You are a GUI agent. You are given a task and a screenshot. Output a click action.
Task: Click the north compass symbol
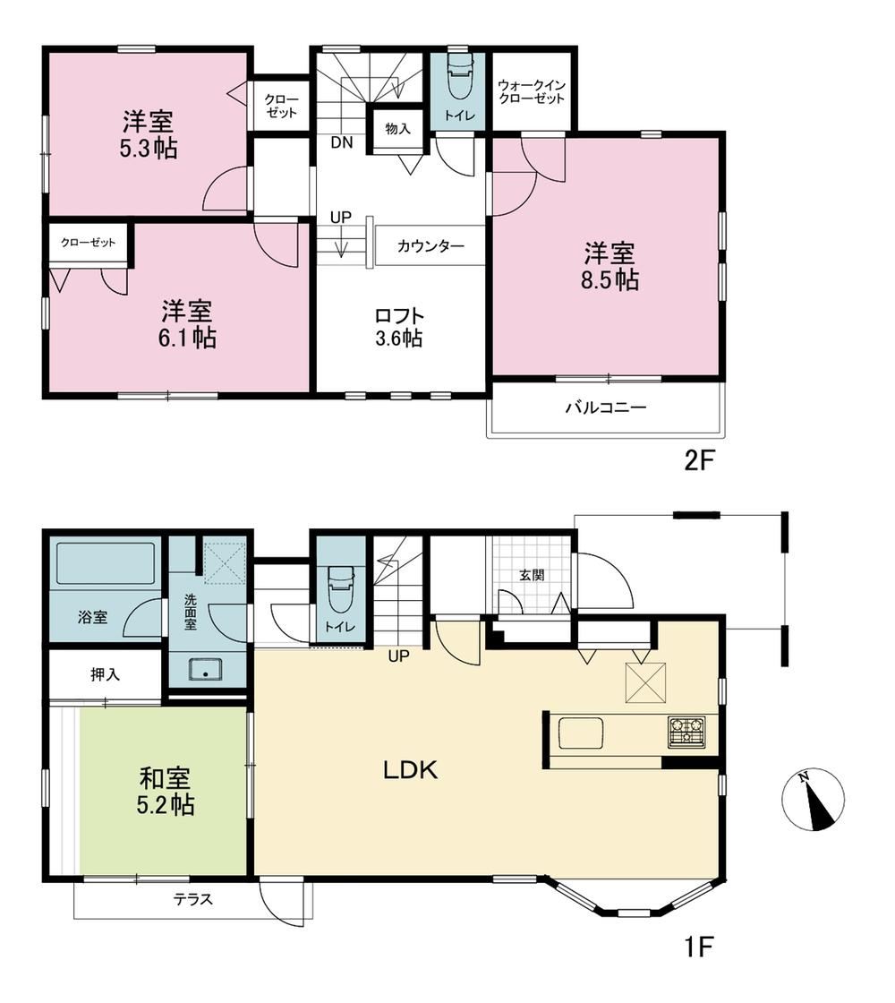coord(814,800)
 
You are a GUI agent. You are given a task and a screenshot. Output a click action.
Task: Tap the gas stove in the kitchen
coord(686,732)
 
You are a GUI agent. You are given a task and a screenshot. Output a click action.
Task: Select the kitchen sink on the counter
coord(585,733)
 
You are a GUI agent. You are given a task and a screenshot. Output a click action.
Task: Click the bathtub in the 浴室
coord(106,563)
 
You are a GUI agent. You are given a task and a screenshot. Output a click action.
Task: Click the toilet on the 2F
coord(458,76)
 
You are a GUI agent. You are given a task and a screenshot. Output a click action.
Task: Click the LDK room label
coord(411,770)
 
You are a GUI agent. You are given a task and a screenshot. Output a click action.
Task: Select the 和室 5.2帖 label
coord(166,792)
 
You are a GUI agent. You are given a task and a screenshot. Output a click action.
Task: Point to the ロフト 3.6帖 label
coord(399,327)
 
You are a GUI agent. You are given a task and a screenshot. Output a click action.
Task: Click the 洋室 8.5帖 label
coord(609,267)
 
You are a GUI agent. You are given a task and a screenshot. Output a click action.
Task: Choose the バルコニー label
coord(606,407)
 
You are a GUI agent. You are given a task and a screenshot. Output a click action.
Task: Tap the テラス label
coord(193,899)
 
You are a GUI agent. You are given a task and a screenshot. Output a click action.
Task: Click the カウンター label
coord(430,246)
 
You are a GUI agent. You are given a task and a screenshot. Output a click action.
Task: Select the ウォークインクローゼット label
coord(532,92)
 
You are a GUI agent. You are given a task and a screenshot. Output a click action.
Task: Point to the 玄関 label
coord(532,574)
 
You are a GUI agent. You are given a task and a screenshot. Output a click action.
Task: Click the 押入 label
coord(105,673)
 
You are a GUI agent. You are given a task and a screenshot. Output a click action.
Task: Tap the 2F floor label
coord(698,460)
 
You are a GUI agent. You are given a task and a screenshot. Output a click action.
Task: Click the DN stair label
coord(342,142)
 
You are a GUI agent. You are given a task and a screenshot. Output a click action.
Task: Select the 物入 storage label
coord(397,129)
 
